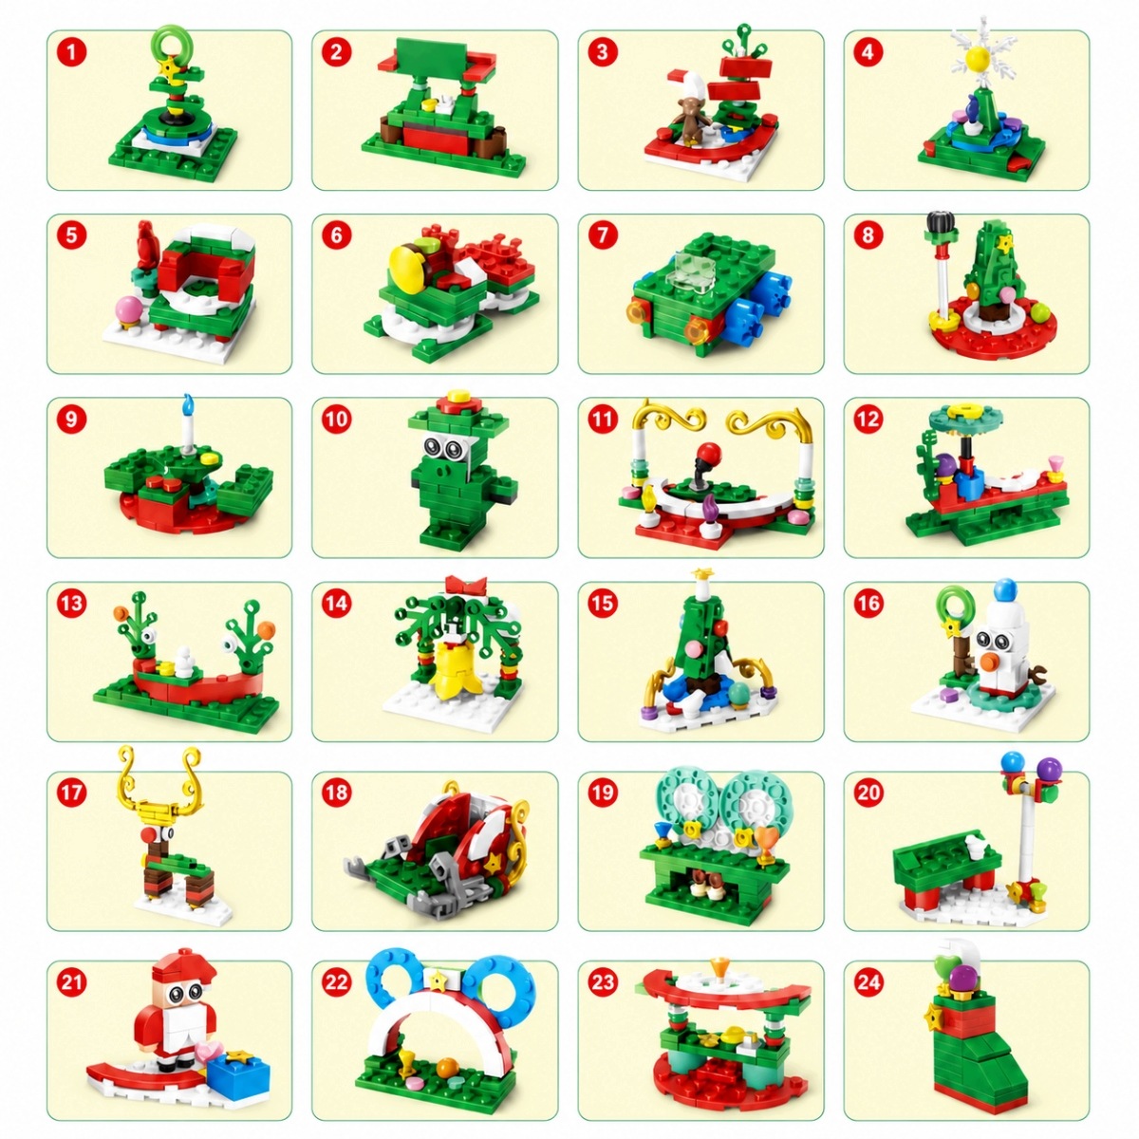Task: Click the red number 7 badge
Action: click(x=603, y=235)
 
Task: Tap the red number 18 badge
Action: click(x=336, y=792)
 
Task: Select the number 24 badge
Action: click(x=868, y=982)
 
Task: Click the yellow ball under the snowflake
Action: click(x=977, y=57)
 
